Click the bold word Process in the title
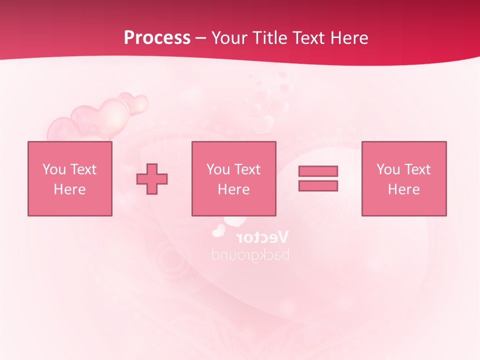click(157, 38)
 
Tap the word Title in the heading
click(270, 38)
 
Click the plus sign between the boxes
click(152, 178)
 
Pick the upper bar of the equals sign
click(318, 171)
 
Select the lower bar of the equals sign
click(318, 185)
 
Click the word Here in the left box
click(69, 189)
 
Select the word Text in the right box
click(417, 169)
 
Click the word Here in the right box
click(403, 189)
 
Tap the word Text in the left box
click(83, 169)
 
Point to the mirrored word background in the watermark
click(250, 254)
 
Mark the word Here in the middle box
click(233, 189)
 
